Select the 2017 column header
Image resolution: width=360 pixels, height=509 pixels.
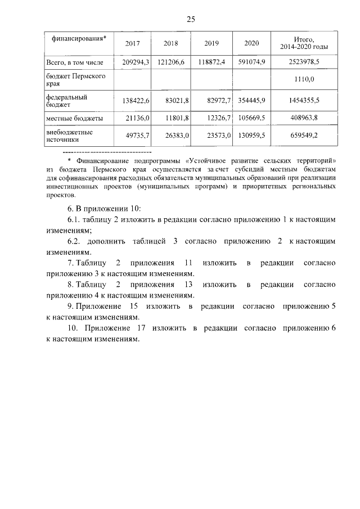tap(133, 43)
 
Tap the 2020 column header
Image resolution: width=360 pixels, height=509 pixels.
tap(253, 43)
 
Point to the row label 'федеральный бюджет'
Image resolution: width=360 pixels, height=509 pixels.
tap(66, 100)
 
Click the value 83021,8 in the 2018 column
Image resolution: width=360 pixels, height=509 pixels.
tap(173, 100)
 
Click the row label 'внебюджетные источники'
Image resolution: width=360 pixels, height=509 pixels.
tap(69, 135)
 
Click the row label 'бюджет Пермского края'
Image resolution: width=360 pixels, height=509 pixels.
tap(73, 79)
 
